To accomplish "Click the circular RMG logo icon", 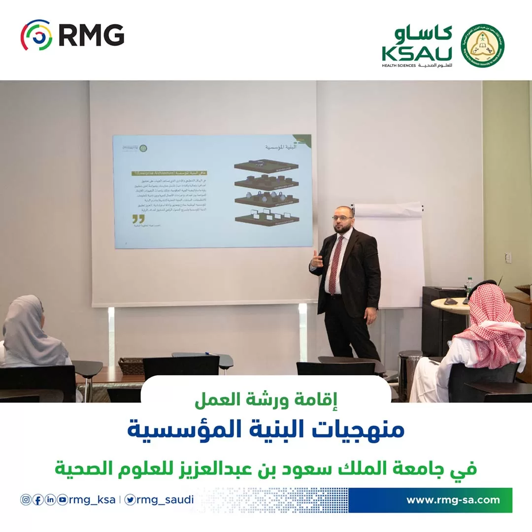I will (36, 35).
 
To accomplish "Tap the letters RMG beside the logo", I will (92, 35).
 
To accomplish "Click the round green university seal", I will (482, 45).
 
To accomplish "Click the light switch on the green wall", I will (508, 258).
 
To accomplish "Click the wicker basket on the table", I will (131, 365).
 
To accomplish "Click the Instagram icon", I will (26, 499).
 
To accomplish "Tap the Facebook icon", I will (38, 499).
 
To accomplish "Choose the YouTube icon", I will (63, 499).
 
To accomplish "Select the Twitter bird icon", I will (130, 499).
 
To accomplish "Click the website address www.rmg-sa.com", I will (453, 500).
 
